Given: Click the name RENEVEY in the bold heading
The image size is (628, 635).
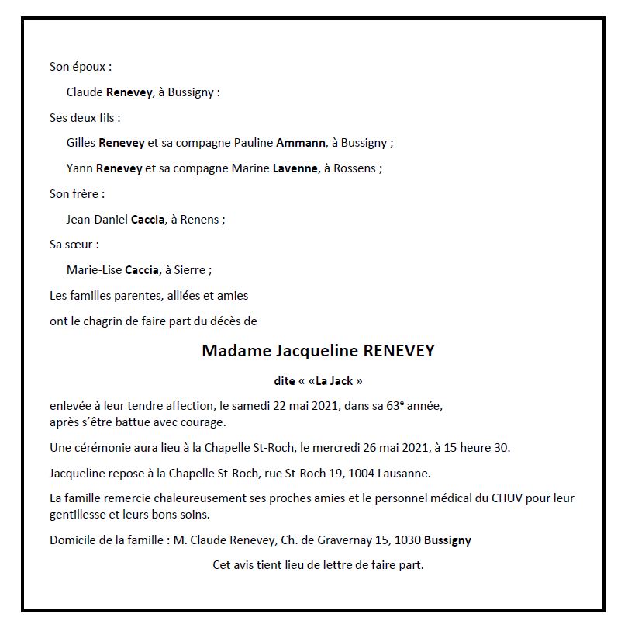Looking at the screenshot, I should tap(399, 350).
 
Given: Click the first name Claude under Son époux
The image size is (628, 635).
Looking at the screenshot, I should tap(85, 92).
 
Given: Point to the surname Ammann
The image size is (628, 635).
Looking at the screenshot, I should tap(298, 143).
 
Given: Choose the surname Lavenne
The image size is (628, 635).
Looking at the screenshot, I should tap(295, 168).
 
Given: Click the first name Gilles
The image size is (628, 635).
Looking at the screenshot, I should tap(81, 143).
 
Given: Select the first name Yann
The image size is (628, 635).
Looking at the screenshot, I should tap(80, 168).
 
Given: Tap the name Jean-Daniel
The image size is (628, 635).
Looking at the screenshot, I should tap(97, 220).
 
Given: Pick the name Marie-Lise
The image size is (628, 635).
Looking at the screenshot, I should tap(94, 270).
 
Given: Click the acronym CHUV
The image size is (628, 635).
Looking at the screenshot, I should tap(506, 498).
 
